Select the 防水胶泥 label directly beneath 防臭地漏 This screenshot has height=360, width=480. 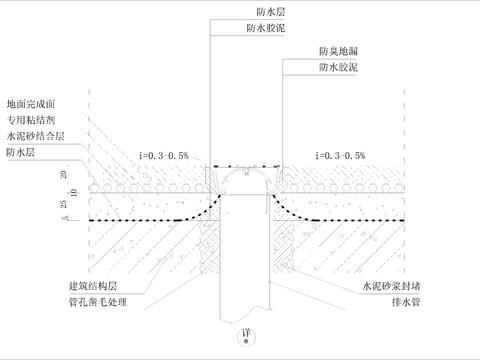coord(337,68)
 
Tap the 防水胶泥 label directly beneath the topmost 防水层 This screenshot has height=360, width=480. coord(236,29)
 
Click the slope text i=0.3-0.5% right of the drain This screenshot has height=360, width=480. coord(339,156)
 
